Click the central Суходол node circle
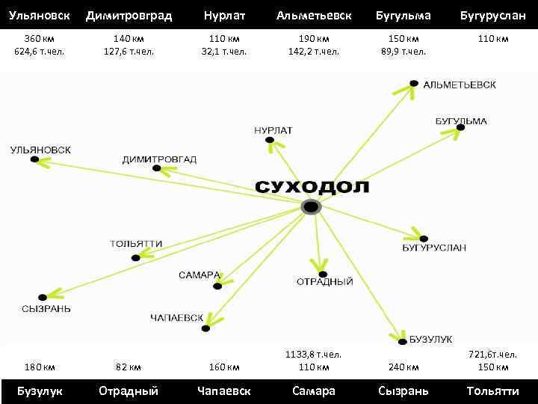311,207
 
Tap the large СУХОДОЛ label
312,186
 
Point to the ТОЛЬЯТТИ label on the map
136,244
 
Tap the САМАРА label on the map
199,275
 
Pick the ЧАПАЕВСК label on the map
176,318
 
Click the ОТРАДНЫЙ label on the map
325,282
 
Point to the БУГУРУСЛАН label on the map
433,248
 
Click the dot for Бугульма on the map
460,128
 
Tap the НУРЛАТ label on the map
273,130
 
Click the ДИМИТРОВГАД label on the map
159,159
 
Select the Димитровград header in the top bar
129,16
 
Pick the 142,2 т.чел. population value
314,52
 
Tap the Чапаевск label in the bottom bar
223,391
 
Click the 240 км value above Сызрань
403,367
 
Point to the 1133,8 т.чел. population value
313,354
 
